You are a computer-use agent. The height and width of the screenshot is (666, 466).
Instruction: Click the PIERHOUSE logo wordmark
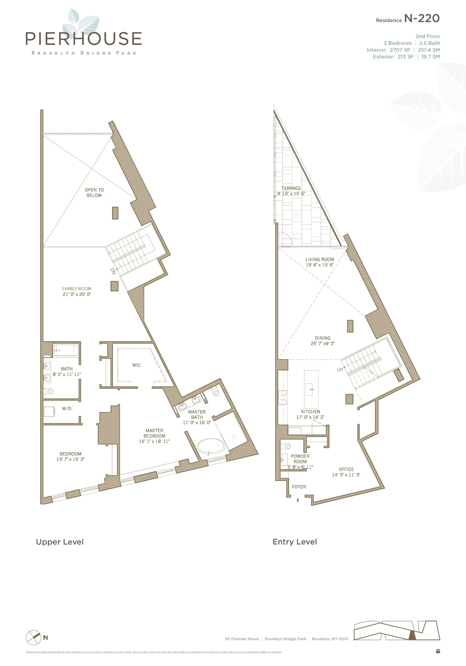click(x=84, y=39)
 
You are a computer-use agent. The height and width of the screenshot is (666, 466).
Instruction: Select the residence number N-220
click(x=422, y=19)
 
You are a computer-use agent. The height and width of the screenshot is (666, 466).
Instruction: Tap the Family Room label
click(x=77, y=289)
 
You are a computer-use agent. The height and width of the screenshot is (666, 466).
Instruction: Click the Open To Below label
click(x=94, y=193)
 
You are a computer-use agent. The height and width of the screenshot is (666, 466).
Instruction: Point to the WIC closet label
click(x=136, y=365)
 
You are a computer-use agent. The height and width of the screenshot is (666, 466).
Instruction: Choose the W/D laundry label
click(x=67, y=408)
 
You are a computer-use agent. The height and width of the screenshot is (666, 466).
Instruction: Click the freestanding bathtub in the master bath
click(x=211, y=446)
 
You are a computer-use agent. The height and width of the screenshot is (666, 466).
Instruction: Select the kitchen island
click(x=311, y=389)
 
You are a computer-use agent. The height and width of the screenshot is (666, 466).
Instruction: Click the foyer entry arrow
click(x=298, y=500)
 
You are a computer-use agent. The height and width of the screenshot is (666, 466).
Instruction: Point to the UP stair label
click(x=340, y=370)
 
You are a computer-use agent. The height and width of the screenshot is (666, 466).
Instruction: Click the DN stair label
click(x=113, y=271)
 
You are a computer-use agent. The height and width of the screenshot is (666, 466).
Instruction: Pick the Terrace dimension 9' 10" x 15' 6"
click(x=291, y=194)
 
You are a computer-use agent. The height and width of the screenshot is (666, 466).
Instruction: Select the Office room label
click(x=346, y=469)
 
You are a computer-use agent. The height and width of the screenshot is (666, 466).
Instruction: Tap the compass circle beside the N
click(x=33, y=638)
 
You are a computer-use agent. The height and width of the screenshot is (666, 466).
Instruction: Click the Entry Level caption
click(x=295, y=542)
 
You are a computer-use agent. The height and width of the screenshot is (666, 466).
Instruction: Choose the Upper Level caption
click(x=59, y=542)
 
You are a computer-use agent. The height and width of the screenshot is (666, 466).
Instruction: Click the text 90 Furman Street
click(x=242, y=639)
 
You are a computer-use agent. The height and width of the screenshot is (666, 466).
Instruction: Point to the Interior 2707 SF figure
click(x=400, y=50)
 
